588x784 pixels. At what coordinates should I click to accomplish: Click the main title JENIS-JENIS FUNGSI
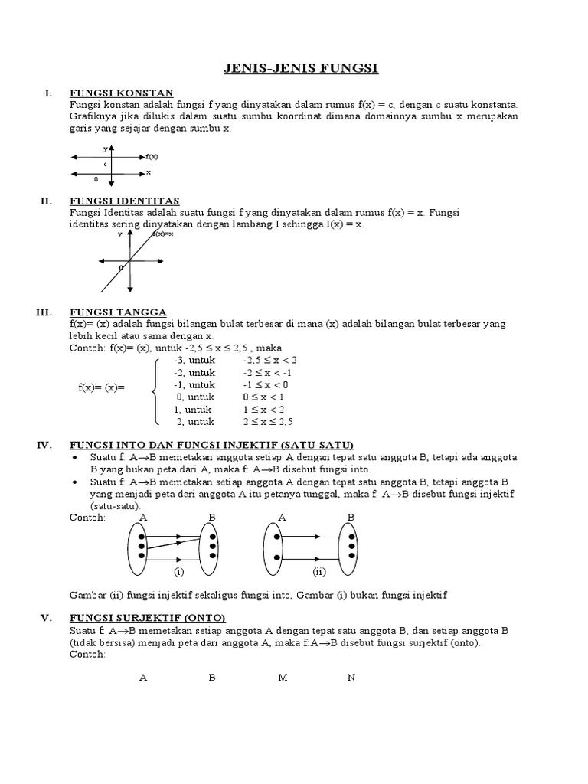[x=301, y=70]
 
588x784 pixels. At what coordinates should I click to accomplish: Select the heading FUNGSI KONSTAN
[x=122, y=93]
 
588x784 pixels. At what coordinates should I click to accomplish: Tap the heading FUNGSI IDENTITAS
[x=125, y=201]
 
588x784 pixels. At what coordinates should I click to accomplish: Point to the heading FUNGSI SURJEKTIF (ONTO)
[x=148, y=618]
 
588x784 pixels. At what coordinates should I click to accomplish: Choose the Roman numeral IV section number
[x=44, y=444]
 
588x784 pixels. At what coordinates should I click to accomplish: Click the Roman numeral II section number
[x=46, y=201]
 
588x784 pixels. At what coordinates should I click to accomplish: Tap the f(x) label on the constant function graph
[x=152, y=155]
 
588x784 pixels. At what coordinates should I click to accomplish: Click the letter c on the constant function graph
[x=105, y=164]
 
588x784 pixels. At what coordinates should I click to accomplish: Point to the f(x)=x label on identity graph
[x=162, y=234]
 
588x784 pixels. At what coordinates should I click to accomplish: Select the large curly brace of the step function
[x=155, y=390]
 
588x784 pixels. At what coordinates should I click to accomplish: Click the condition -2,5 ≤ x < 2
[x=269, y=360]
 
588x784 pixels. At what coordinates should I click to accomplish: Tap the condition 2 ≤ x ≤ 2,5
[x=269, y=421]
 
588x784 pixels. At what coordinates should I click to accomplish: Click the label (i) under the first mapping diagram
[x=178, y=571]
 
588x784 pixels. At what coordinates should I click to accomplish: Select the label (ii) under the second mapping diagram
[x=318, y=571]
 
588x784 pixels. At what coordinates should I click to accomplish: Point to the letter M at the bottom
[x=283, y=678]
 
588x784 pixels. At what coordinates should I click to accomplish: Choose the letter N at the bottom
[x=351, y=678]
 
